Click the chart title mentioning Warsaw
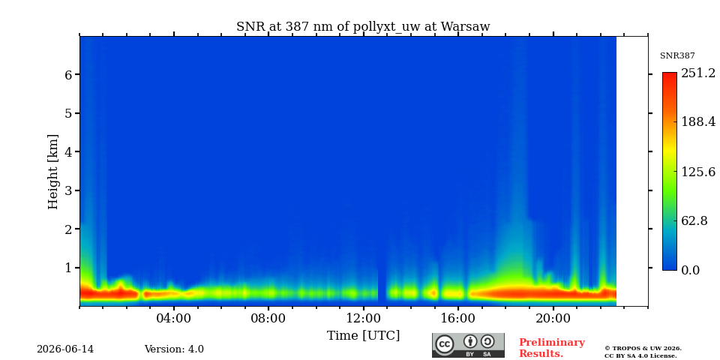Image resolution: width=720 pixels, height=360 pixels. (363, 27)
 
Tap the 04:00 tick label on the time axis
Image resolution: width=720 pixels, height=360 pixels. (174, 319)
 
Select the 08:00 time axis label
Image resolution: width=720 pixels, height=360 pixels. (268, 319)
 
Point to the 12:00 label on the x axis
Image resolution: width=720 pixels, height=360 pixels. (364, 319)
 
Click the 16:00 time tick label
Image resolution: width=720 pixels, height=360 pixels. (459, 319)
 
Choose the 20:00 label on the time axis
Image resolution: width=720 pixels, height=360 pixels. (553, 319)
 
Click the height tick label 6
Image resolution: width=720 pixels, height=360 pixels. (67, 74)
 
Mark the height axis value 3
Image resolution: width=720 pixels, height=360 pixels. (67, 190)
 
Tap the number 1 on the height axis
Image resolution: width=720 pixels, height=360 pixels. (67, 267)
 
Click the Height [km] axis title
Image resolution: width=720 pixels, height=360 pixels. (53, 172)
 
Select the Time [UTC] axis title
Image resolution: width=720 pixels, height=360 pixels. (363, 336)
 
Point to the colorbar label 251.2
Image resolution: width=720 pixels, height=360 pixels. (698, 73)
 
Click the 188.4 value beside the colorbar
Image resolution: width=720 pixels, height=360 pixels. (698, 121)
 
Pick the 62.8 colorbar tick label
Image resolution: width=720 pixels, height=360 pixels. (694, 220)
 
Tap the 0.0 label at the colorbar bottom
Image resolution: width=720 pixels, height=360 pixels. (691, 270)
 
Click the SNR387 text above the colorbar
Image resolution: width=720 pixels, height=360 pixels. (677, 56)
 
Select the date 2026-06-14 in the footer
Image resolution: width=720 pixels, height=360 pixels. (65, 349)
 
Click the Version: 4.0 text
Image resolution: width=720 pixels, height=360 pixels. (174, 349)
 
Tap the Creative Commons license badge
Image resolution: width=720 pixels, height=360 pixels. (468, 345)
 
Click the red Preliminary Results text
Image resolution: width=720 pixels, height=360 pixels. (552, 347)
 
